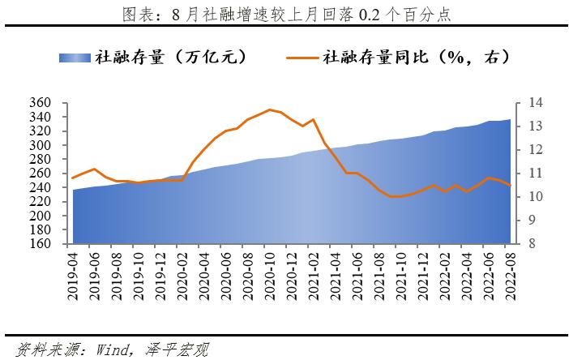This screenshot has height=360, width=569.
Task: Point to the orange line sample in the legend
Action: [304, 58]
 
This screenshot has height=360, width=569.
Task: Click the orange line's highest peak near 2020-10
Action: [269, 109]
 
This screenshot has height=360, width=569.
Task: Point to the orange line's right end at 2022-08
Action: [510, 186]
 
